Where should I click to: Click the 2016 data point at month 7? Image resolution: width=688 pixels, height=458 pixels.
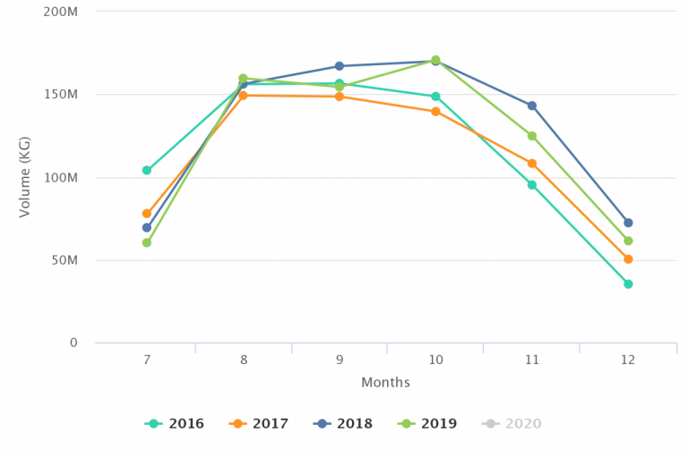click(147, 170)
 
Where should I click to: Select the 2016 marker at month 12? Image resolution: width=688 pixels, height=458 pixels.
click(628, 284)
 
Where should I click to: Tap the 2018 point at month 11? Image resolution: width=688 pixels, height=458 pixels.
click(532, 106)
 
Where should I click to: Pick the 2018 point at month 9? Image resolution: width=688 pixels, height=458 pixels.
click(340, 66)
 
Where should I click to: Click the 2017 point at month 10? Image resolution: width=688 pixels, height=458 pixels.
click(435, 112)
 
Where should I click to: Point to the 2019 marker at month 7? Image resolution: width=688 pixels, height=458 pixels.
click(147, 242)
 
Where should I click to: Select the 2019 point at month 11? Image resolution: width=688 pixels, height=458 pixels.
click(532, 136)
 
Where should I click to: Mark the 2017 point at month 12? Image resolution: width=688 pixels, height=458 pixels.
click(628, 259)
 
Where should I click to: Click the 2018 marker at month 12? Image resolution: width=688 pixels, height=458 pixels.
click(628, 223)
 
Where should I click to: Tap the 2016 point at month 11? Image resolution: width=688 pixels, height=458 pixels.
click(532, 185)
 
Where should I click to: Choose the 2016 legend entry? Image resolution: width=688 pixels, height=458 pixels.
click(175, 424)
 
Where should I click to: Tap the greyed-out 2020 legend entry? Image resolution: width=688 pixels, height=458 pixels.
click(512, 424)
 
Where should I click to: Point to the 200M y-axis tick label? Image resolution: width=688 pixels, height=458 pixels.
click(60, 12)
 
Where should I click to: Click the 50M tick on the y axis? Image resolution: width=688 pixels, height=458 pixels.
click(64, 260)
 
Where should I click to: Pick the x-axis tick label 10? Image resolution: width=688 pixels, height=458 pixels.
click(435, 360)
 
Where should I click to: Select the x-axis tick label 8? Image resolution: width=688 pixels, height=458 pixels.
click(243, 360)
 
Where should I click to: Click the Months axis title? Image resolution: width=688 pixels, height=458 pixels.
click(386, 383)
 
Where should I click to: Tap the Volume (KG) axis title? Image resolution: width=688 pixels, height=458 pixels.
click(25, 176)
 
